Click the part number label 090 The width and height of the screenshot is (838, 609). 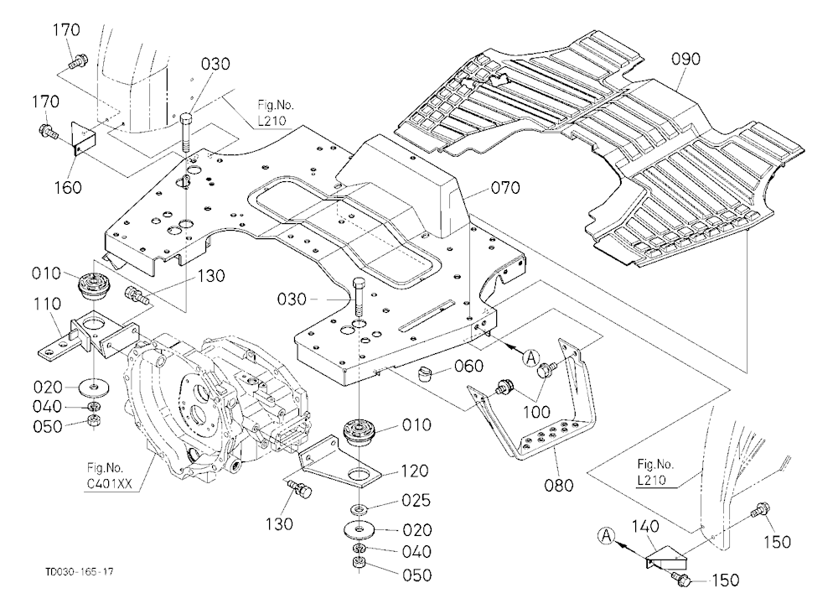(x=685, y=59)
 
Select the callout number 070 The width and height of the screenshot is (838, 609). (x=505, y=188)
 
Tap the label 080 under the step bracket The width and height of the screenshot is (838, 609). (x=558, y=485)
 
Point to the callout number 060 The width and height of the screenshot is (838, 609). (x=468, y=366)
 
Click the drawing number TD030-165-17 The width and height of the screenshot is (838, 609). (x=79, y=572)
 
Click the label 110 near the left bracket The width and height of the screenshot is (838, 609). (x=47, y=304)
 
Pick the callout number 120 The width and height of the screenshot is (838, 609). (x=415, y=471)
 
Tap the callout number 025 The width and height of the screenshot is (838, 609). (x=416, y=500)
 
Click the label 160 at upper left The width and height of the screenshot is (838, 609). (x=68, y=187)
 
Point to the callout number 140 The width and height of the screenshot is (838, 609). (x=645, y=527)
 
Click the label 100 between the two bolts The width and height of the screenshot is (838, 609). (x=536, y=412)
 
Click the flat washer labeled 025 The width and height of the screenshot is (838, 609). (x=360, y=507)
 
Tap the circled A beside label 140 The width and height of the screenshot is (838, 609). (x=606, y=534)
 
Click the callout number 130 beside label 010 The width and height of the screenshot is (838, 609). (x=211, y=276)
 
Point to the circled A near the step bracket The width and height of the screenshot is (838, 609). (x=531, y=357)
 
